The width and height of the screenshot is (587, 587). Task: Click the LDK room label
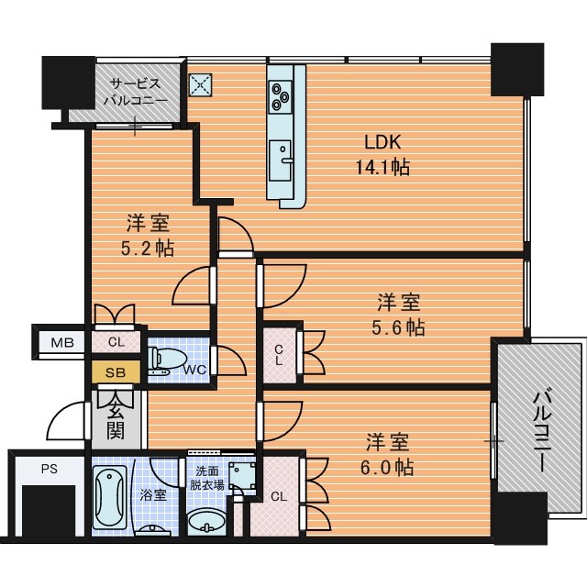point(382,142)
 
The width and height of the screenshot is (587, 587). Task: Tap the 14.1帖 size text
point(382,167)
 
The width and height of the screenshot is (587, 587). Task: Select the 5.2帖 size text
point(148,248)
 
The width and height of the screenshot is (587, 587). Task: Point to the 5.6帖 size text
point(398,327)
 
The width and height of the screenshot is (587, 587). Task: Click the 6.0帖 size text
point(387,467)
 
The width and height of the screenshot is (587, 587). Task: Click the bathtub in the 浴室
point(109,497)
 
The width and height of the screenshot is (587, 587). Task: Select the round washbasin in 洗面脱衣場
point(206,523)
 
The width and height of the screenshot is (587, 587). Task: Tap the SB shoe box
point(116,372)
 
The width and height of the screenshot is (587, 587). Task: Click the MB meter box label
point(62,342)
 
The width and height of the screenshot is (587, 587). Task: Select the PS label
point(50,469)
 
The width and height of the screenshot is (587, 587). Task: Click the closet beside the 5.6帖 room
point(279,355)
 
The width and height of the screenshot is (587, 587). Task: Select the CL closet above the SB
point(116,342)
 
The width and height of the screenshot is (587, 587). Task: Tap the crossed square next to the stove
point(200,85)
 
